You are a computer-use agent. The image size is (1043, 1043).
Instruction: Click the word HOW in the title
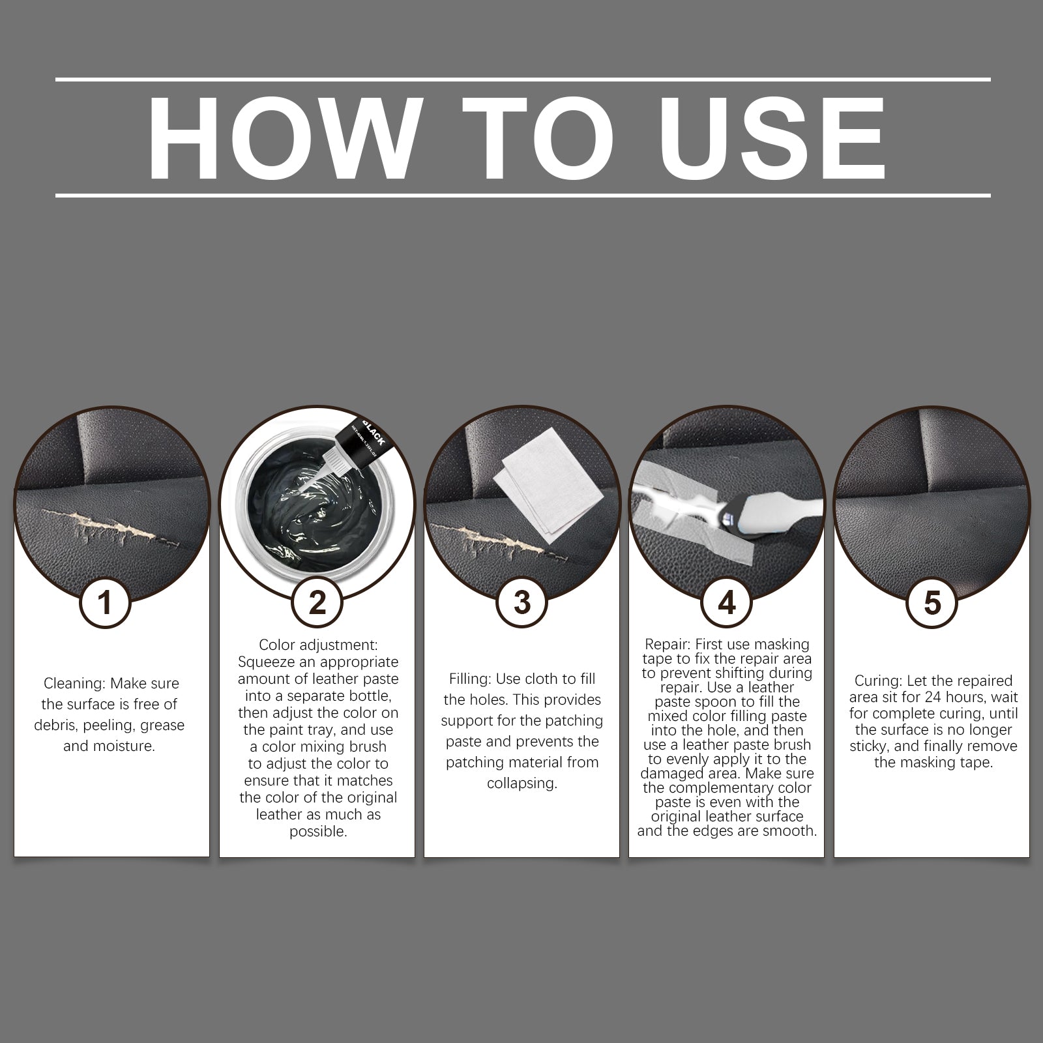coord(284,138)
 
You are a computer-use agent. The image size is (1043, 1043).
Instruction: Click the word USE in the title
coord(774,138)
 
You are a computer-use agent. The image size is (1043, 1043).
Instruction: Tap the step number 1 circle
coord(105,603)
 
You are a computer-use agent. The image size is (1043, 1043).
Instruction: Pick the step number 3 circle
coord(521,603)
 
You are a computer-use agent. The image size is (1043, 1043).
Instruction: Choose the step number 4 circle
coord(726,603)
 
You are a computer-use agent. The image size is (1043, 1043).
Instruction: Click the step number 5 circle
coord(932,603)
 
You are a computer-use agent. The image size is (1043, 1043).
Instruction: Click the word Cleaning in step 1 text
coord(74,684)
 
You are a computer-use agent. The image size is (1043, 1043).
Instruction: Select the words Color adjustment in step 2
coord(318,645)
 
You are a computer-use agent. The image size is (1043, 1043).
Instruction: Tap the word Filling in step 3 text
coord(470,679)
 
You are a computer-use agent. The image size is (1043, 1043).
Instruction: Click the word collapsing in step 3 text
coord(522,784)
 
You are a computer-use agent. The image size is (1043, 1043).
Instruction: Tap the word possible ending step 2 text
coord(317,832)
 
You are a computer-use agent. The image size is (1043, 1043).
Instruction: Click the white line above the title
coord(521,80)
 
